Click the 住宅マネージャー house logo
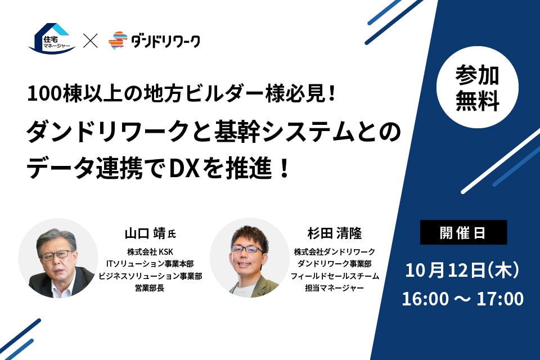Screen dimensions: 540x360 (52, 38)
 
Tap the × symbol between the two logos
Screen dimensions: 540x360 (91, 40)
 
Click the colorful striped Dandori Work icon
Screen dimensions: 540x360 (118, 40)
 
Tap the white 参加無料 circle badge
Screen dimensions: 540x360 (478, 87)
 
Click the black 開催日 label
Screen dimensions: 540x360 (463, 232)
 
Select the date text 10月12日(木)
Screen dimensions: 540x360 (462, 270)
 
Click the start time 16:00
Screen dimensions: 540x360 (425, 299)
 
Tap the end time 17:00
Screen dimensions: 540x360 (500, 299)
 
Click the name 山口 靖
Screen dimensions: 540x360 (145, 233)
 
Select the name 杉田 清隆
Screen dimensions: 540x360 (335, 233)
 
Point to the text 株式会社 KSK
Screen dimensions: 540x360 (150, 252)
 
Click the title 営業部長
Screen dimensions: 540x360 (150, 287)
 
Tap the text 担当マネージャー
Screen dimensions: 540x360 (334, 287)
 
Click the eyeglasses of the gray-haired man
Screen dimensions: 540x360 (55, 255)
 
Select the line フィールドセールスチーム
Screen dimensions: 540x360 (335, 276)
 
